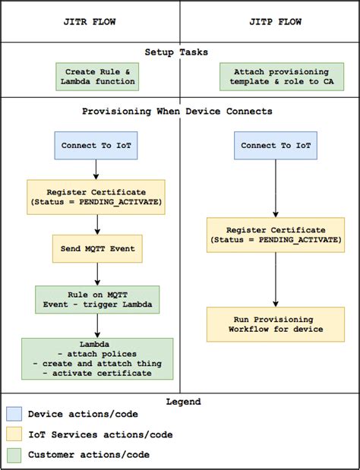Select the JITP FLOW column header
pos(269,22)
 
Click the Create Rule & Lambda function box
pos(96,77)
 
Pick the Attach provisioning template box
pos(276,77)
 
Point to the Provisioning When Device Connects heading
pos(177,112)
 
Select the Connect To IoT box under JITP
pos(275,146)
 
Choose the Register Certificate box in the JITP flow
pos(276,234)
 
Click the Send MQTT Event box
pos(97,248)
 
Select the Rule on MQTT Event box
pos(97,300)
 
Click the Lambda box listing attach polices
pos(97,358)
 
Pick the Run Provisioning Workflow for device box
pos(276,323)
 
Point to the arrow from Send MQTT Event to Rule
pos(97,273)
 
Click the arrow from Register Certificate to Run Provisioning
pos(276,279)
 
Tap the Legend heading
pos(180,402)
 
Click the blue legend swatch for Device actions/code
pos(14,415)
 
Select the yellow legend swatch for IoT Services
pos(14,435)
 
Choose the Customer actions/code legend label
pos(88,455)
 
